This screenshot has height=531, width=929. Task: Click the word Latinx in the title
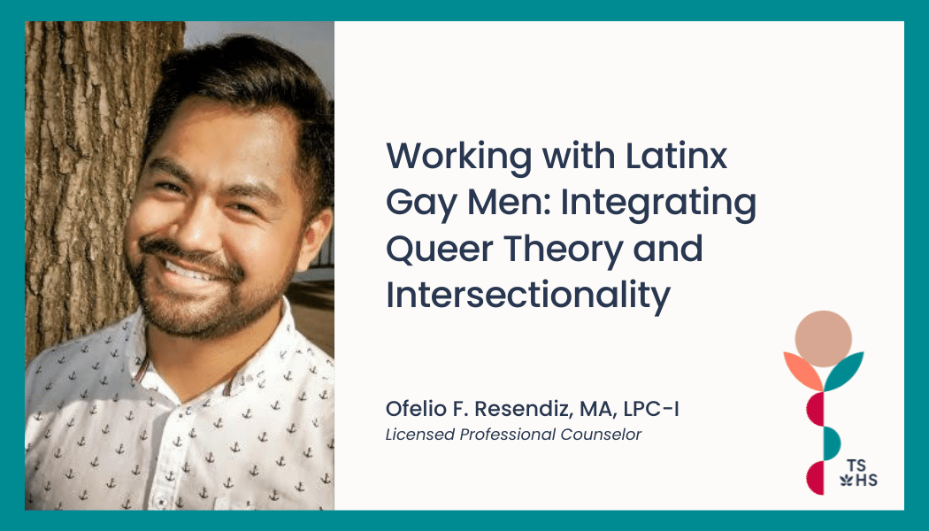coord(676,156)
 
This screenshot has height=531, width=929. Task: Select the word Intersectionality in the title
coord(528,295)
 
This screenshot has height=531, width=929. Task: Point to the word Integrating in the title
coord(658,204)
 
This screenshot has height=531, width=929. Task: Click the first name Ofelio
coord(411,408)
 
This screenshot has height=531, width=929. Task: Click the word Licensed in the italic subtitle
coord(420,435)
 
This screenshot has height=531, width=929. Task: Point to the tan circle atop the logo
coord(823,339)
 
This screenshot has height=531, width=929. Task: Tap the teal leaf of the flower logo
coord(844,371)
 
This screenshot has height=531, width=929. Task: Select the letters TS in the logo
coord(856,466)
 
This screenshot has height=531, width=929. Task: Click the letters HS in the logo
coord(867,480)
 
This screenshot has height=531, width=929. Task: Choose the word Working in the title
coord(458,157)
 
